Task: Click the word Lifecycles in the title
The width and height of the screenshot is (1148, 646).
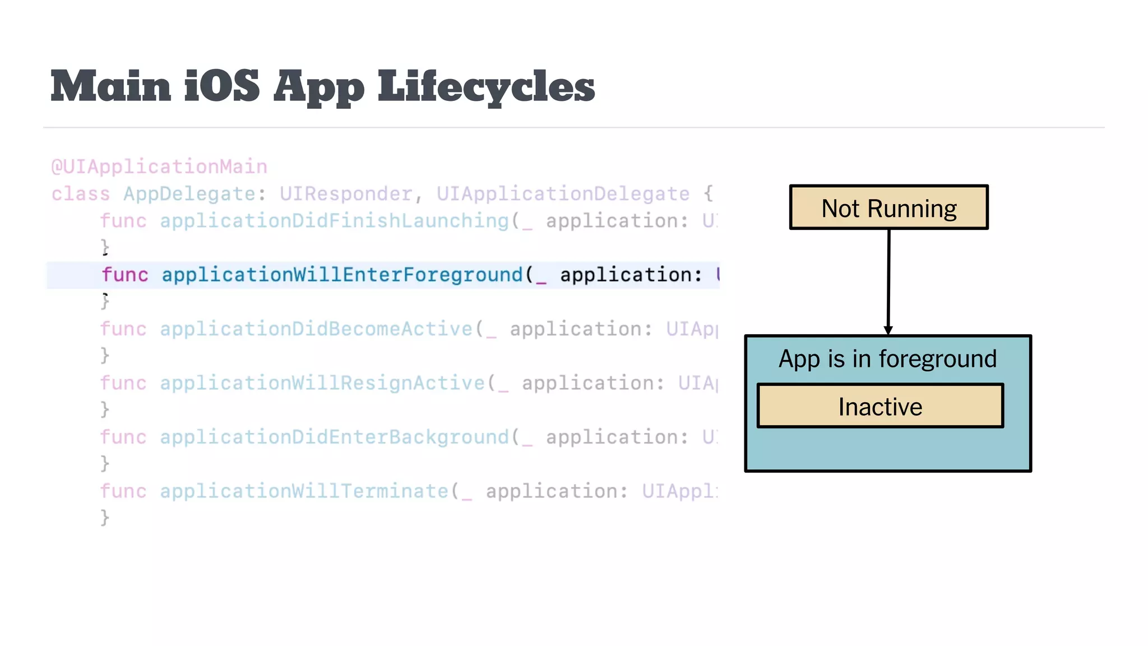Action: (486, 87)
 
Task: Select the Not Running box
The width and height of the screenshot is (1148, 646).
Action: (888, 207)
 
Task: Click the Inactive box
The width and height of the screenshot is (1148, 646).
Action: (880, 407)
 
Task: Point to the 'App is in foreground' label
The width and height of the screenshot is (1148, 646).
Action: (887, 359)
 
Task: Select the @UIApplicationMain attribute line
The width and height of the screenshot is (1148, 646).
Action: (159, 167)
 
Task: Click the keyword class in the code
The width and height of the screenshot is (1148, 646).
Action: (81, 193)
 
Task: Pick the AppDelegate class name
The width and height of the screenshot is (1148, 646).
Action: (189, 193)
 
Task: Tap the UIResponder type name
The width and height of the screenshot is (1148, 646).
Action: (346, 193)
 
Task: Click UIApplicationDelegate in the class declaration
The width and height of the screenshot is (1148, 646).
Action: (563, 193)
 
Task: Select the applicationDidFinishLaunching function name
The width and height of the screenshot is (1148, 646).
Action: (334, 220)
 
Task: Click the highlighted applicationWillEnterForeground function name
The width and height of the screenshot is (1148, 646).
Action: (342, 275)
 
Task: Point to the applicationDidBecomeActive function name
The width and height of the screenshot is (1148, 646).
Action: (316, 329)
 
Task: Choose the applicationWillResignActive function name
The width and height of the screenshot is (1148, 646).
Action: (322, 383)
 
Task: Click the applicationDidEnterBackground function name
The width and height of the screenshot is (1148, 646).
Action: (334, 437)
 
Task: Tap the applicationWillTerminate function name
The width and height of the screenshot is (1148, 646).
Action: (304, 491)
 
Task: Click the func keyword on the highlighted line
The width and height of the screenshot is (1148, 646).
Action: (125, 275)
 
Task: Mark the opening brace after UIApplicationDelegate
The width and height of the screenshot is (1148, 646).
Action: (709, 193)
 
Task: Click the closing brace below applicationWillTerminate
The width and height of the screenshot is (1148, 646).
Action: (105, 517)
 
